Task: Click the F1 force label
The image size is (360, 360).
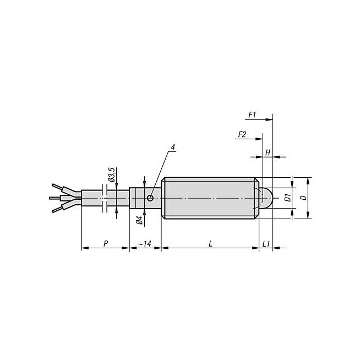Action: click(252, 114)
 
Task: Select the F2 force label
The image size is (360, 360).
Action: click(242, 134)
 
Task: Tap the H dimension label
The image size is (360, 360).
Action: click(268, 152)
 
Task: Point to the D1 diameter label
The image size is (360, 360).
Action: click(288, 198)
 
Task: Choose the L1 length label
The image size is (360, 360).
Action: click(266, 244)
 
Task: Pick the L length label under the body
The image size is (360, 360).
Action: click(210, 244)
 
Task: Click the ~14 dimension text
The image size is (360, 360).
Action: click(145, 244)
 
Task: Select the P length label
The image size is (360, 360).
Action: click(106, 244)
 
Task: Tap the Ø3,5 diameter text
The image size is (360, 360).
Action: click(112, 174)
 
